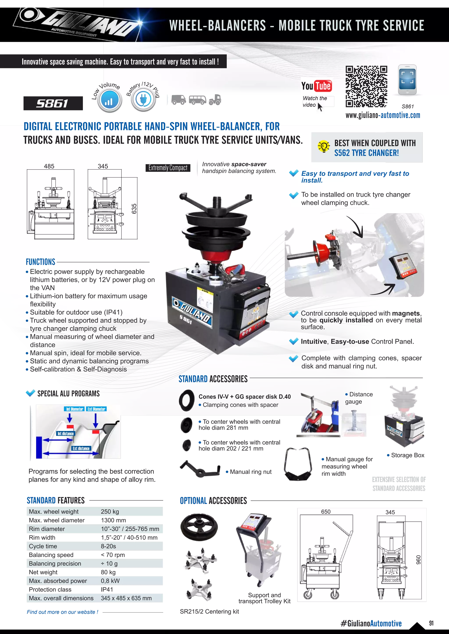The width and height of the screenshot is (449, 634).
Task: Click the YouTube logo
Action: pyautogui.click(x=317, y=86)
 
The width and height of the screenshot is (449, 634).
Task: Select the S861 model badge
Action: pyautogui.click(x=53, y=104)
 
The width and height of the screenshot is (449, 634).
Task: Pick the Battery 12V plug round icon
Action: pyautogui.click(x=143, y=100)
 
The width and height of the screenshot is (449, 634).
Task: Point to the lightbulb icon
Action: pyautogui.click(x=323, y=146)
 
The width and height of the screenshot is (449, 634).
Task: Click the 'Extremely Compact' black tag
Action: pyautogui.click(x=168, y=168)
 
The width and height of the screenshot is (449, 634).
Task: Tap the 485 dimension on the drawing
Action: pyautogui.click(x=49, y=166)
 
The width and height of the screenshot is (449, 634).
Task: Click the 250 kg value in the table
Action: pyautogui.click(x=110, y=512)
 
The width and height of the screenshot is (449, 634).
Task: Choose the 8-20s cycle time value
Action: pyautogui.click(x=108, y=546)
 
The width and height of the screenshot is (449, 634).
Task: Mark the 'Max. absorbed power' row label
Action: pyautogui.click(x=58, y=581)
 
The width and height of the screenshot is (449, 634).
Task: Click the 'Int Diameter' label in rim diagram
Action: pyautogui.click(x=75, y=409)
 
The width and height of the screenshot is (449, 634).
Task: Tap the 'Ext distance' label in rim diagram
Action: pyautogui.click(x=81, y=448)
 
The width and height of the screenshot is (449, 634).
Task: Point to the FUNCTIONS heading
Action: pyautogui.click(x=41, y=262)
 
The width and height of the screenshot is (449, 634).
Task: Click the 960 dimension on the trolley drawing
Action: pyautogui.click(x=418, y=560)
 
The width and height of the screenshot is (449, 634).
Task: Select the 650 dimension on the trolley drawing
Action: pyautogui.click(x=326, y=512)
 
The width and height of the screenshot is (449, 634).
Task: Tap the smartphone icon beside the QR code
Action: pyautogui.click(x=407, y=80)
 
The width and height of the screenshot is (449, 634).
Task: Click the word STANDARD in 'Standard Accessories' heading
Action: pyautogui.click(x=193, y=379)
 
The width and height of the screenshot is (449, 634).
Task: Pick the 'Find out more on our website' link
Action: pyautogui.click(x=62, y=612)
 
